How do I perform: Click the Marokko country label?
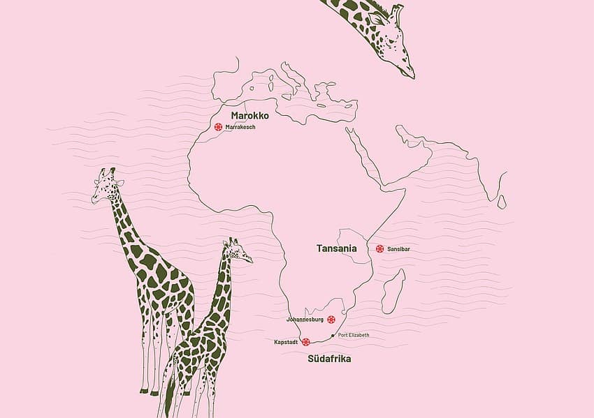click(x=249, y=115)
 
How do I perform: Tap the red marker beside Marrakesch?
click(x=218, y=127)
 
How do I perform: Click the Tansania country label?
click(x=337, y=248)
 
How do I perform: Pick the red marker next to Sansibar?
click(x=379, y=248)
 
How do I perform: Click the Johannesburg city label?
click(x=305, y=320)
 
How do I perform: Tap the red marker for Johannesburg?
click(x=331, y=320)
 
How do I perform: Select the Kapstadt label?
click(x=287, y=342)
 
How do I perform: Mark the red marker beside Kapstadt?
click(x=305, y=342)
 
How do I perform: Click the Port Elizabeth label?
click(x=354, y=336)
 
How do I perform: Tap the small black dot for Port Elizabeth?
click(x=333, y=336)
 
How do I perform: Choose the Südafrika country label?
click(x=329, y=359)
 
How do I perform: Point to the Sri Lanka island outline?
click(x=502, y=202)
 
